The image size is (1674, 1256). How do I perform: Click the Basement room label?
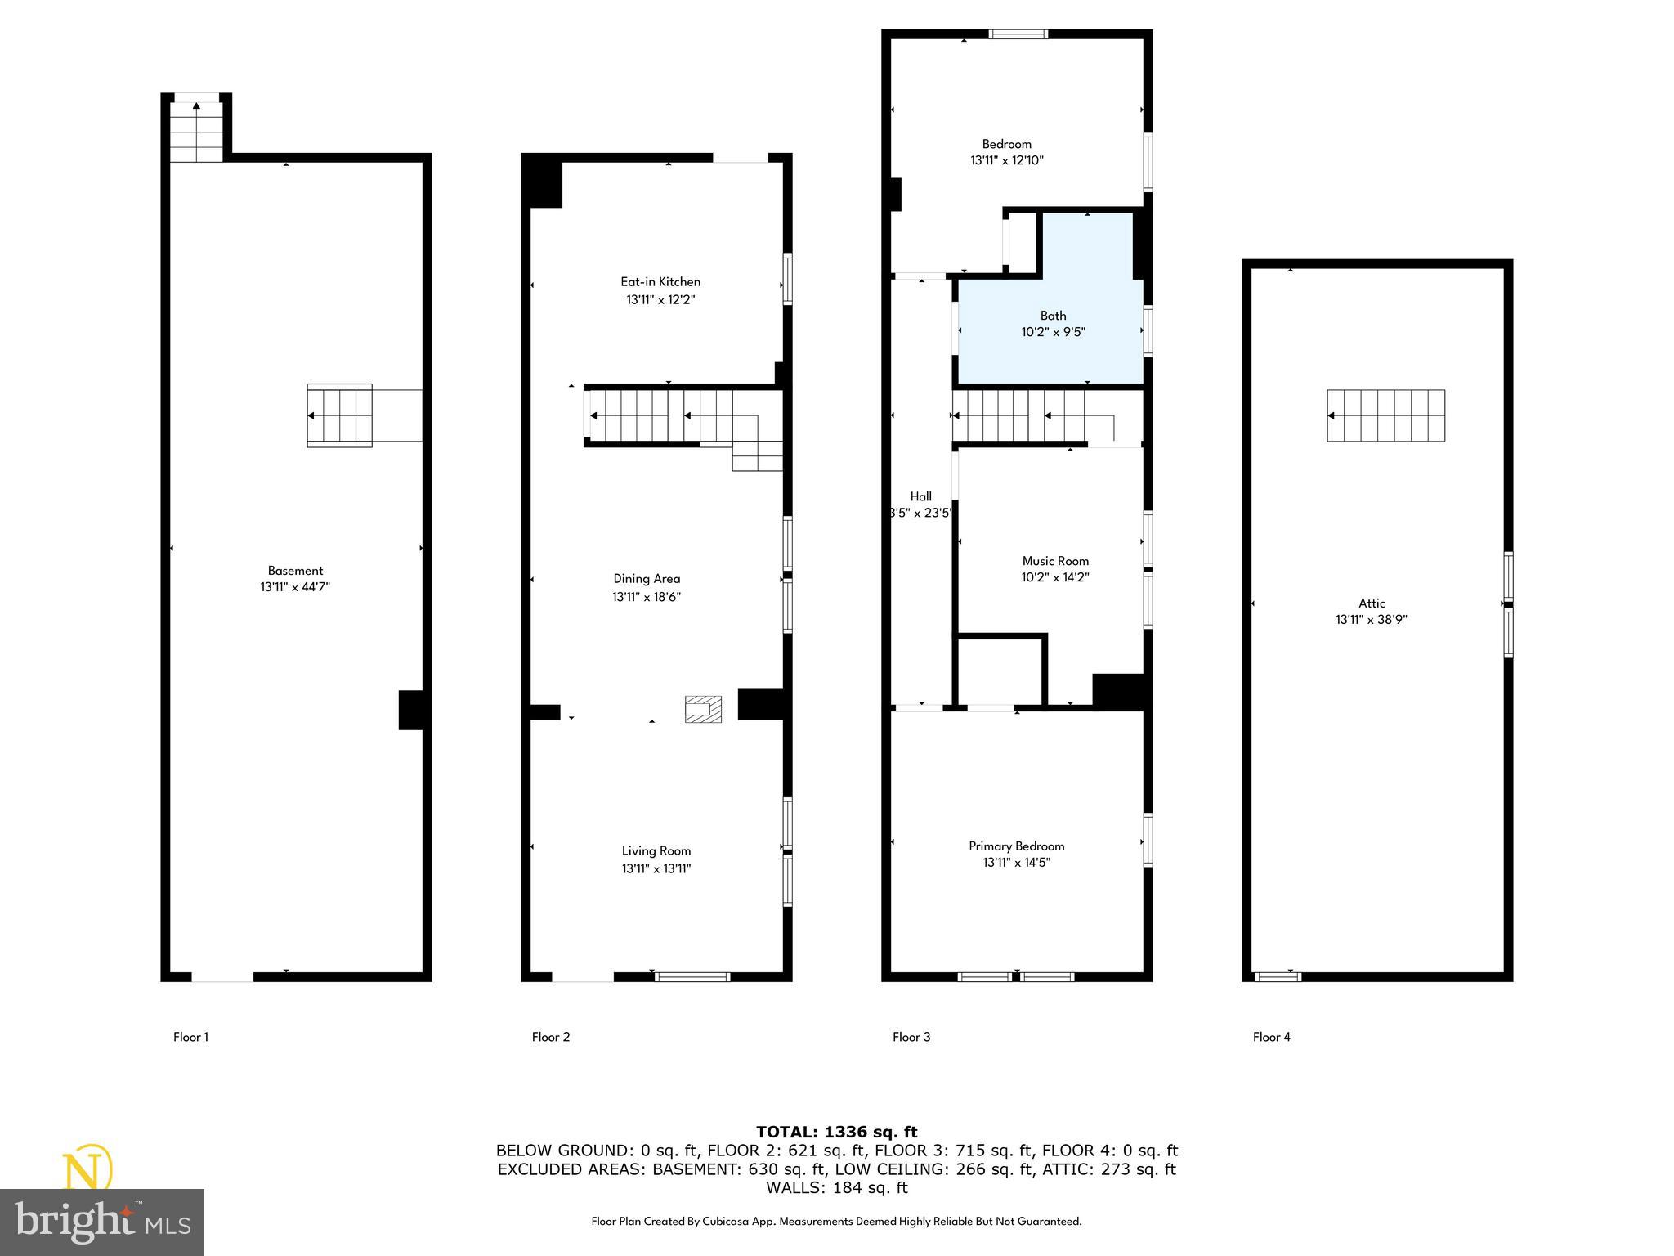point(295,571)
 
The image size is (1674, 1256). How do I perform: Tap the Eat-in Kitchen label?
point(660,282)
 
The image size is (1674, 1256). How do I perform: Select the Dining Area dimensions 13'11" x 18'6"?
point(647,597)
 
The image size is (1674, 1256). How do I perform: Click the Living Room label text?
point(656,851)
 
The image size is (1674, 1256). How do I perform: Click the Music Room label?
point(1055,561)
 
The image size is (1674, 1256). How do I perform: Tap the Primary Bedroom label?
point(1017,846)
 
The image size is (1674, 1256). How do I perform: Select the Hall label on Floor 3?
point(921,496)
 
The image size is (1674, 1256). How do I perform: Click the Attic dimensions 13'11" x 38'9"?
point(1372,620)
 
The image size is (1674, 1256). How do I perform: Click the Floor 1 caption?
point(190,1037)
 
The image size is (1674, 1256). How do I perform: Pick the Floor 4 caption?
point(1272,1037)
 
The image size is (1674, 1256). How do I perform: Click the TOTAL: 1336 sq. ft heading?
point(836,1132)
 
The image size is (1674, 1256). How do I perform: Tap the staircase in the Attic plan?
point(1385,415)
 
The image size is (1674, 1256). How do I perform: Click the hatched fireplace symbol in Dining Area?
point(703,709)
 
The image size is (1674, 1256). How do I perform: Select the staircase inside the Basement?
point(339,415)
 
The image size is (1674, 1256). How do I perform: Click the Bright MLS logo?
point(102,1222)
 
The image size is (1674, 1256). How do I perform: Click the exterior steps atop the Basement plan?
point(196,131)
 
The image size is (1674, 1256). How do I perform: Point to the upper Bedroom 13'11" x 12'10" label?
point(1007,152)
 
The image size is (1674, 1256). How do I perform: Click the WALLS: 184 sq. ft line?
point(836,1187)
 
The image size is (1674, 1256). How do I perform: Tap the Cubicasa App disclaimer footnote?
point(836,1222)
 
